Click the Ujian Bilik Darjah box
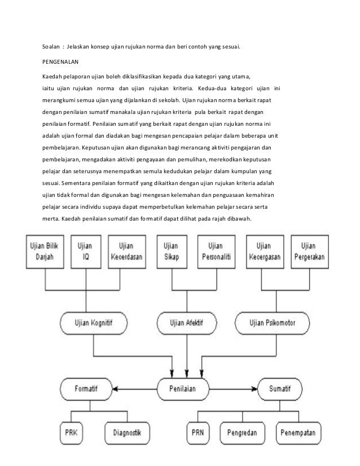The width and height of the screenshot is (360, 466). (x=45, y=252)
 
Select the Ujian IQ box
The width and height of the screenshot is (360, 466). (x=86, y=252)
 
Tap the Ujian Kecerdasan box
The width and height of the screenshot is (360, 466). (x=127, y=252)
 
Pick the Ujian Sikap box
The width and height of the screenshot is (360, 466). (x=172, y=252)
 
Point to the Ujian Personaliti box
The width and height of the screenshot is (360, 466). (x=217, y=252)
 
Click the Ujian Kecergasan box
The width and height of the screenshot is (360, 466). (x=265, y=252)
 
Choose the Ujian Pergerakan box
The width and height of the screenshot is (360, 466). (x=310, y=252)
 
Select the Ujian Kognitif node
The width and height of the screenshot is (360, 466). (x=94, y=323)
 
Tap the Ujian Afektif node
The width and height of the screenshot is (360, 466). (x=187, y=323)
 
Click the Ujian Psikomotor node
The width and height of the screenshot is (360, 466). (x=272, y=323)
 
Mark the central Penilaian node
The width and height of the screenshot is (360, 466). (x=183, y=389)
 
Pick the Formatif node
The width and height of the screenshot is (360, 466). (x=86, y=389)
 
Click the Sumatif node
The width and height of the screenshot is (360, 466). (x=280, y=389)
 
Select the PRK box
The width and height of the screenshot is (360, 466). (x=71, y=433)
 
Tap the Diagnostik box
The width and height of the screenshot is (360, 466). (x=127, y=433)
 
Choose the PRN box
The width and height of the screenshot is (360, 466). (x=198, y=433)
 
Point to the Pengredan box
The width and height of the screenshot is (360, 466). (x=242, y=433)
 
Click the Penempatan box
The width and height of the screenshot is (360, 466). (x=298, y=433)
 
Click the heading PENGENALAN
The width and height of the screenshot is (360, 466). (x=60, y=62)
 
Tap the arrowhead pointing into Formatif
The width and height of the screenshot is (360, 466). (x=115, y=389)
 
